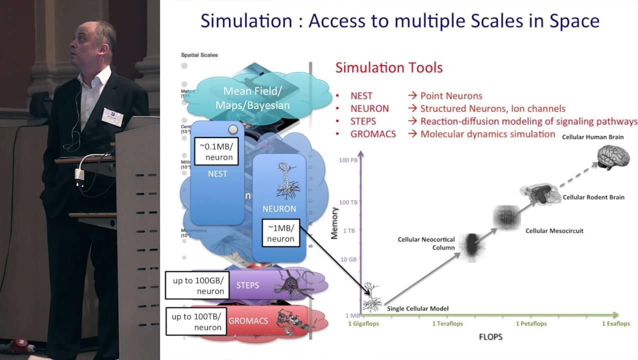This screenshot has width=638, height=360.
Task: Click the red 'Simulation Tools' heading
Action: (x=389, y=67)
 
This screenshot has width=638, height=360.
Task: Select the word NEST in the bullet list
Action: (x=361, y=96)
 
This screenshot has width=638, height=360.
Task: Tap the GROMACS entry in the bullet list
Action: (x=373, y=134)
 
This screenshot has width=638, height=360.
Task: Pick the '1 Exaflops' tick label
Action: (x=615, y=323)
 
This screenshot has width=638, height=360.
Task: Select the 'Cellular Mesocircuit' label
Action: (x=554, y=231)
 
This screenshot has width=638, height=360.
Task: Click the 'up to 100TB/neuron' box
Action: (x=196, y=321)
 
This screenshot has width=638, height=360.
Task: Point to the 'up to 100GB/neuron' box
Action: (x=198, y=285)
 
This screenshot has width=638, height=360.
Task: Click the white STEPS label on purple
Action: (x=247, y=285)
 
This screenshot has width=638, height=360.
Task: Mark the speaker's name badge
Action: (x=112, y=116)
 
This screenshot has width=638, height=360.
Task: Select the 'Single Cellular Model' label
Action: (x=418, y=308)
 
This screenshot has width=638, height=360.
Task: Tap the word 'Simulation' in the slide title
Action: (x=246, y=21)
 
